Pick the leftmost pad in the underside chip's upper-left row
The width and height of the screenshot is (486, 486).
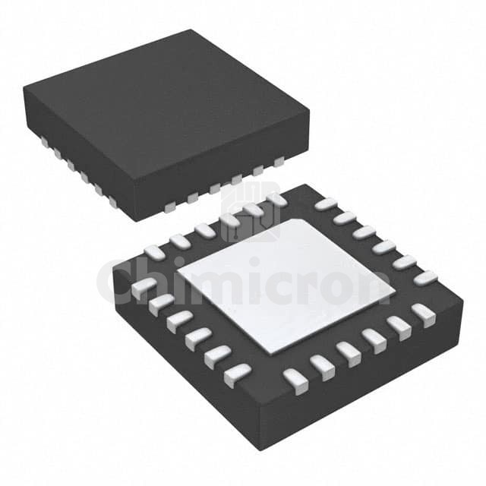click(154, 251)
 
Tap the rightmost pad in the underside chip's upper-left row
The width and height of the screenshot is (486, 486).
click(275, 200)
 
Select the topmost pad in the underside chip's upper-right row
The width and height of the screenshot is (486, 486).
click(325, 204)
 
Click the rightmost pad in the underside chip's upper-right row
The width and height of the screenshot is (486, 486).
click(425, 278)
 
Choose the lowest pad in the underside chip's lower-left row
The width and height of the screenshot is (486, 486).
click(237, 371)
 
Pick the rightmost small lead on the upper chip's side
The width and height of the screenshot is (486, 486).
click(279, 161)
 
